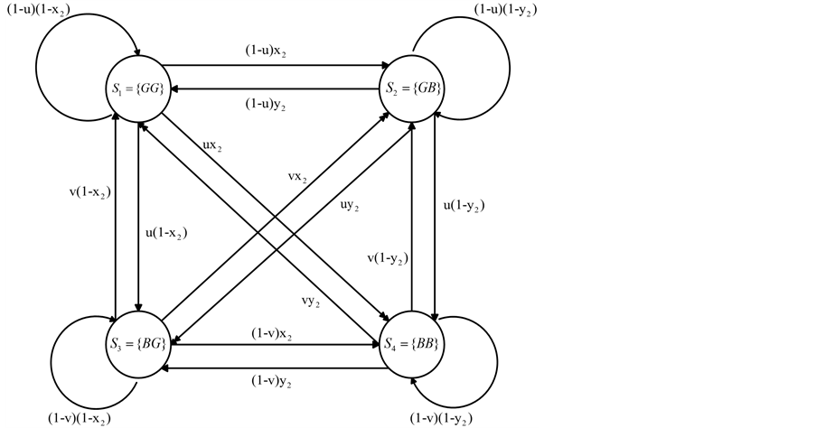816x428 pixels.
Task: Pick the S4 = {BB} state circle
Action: [x=412, y=344]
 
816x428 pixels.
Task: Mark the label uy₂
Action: [x=347, y=207]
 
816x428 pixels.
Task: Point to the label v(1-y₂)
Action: [x=385, y=259]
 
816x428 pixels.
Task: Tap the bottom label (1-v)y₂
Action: [x=273, y=380]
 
